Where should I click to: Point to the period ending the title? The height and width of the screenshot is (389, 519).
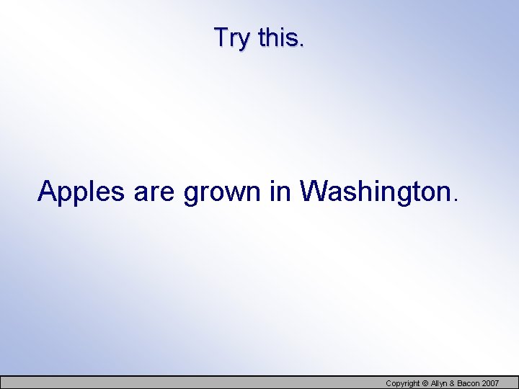[x=301, y=45]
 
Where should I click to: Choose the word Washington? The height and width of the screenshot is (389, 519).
[x=374, y=192]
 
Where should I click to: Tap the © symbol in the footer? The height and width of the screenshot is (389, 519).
[x=425, y=383]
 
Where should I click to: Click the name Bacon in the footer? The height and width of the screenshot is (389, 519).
[x=469, y=383]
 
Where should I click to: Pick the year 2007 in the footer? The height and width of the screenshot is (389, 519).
[x=490, y=383]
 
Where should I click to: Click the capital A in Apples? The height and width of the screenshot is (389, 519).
[x=48, y=191]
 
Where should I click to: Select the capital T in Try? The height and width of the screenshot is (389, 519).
[x=221, y=37]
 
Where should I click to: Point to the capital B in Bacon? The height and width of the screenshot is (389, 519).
[x=462, y=383]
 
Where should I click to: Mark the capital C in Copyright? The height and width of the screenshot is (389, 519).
[x=389, y=383]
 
